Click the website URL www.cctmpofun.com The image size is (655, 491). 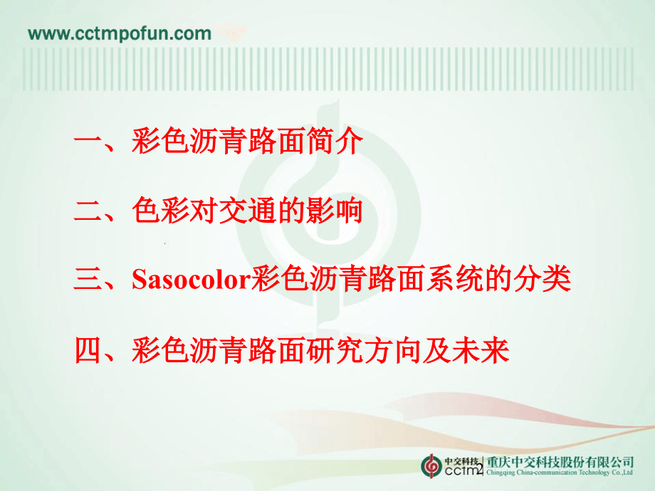(x=119, y=33)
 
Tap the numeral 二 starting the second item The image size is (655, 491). (x=88, y=211)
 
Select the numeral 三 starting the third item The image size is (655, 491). (x=88, y=280)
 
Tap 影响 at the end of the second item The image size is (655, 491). (x=336, y=211)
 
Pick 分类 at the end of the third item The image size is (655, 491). (x=544, y=280)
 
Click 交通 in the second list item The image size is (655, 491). (x=253, y=211)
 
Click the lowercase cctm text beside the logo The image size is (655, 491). (x=461, y=471)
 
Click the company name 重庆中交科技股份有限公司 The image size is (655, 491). (x=560, y=461)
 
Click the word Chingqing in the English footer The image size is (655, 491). (x=502, y=472)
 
